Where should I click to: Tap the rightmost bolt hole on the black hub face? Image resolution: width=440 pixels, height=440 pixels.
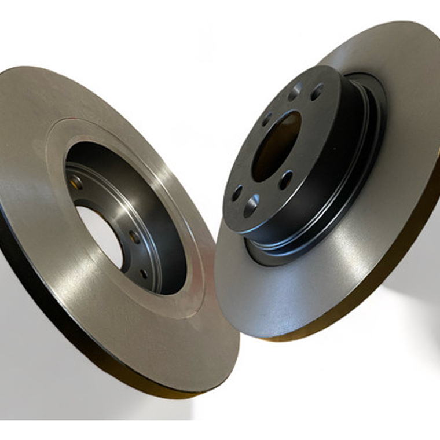tap(317, 91)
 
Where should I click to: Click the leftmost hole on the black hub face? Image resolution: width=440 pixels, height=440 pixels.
tap(237, 193)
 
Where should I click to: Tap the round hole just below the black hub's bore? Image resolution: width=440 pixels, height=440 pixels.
tap(285, 180)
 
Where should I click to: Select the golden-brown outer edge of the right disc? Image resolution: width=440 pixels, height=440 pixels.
tap(405, 243)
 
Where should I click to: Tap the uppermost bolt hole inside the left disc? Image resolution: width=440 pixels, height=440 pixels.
tap(76, 182)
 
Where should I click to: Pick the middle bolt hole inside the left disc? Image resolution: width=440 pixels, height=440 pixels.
tap(134, 237)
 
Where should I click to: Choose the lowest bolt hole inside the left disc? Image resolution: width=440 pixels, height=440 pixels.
tap(144, 273)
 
